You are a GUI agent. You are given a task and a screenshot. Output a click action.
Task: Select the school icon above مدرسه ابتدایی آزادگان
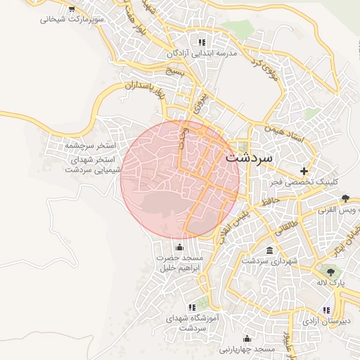203,42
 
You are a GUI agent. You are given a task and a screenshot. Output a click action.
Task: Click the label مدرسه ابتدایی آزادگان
202,53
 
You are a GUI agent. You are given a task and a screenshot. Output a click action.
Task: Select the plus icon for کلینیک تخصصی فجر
304,171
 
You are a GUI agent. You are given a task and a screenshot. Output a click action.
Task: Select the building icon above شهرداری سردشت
270,250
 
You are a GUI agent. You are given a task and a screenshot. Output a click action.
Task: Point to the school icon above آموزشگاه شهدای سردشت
191,307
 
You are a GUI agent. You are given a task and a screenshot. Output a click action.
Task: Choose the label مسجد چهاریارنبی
250,349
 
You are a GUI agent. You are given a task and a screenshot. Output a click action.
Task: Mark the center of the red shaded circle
180,179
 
